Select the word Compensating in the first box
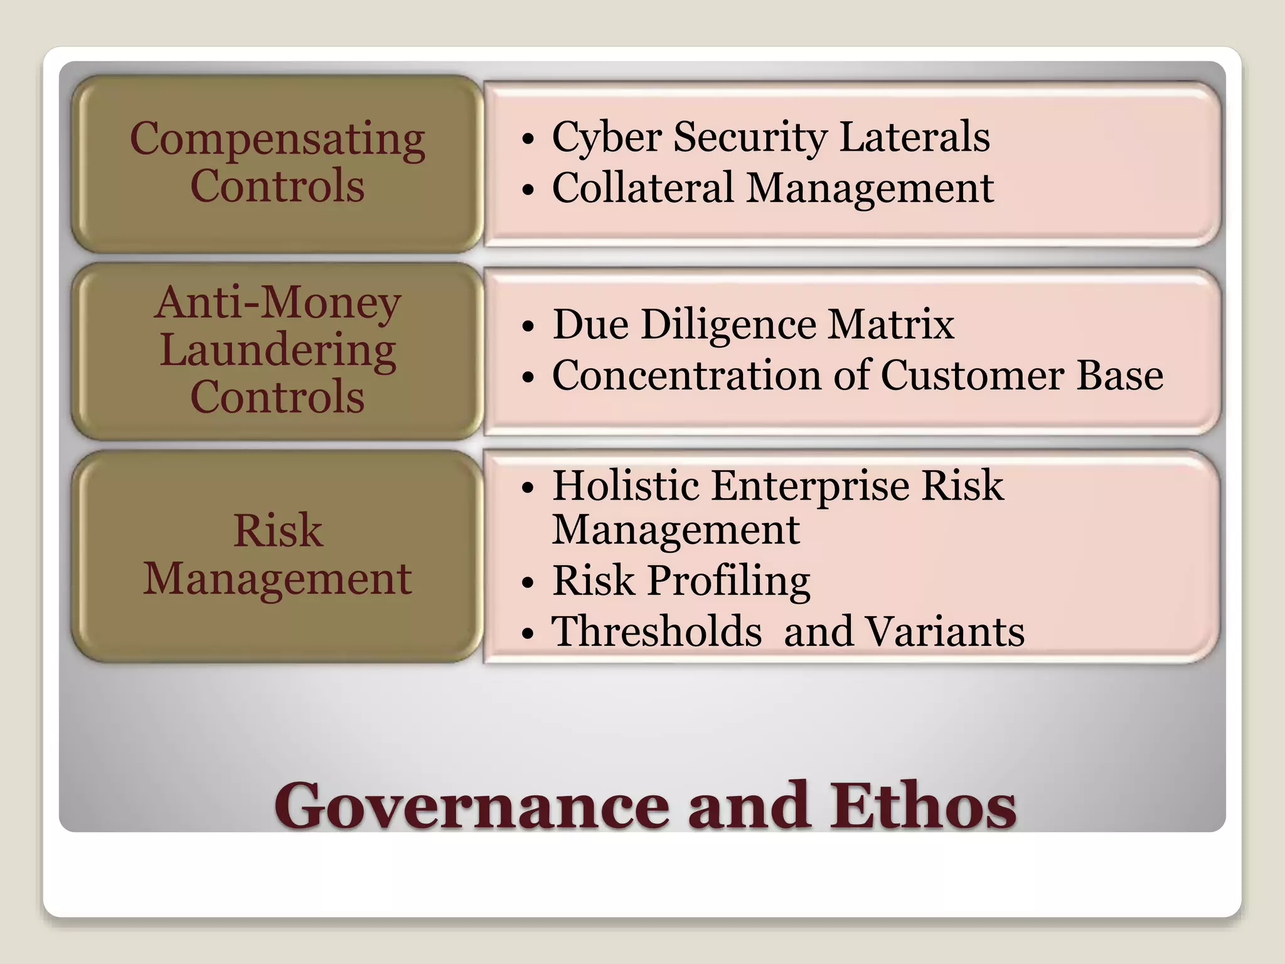[277, 139]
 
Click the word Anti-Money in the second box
[277, 303]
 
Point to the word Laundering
[277, 350]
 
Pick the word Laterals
[914, 136]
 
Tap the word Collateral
[643, 188]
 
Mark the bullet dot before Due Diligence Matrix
[528, 327]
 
